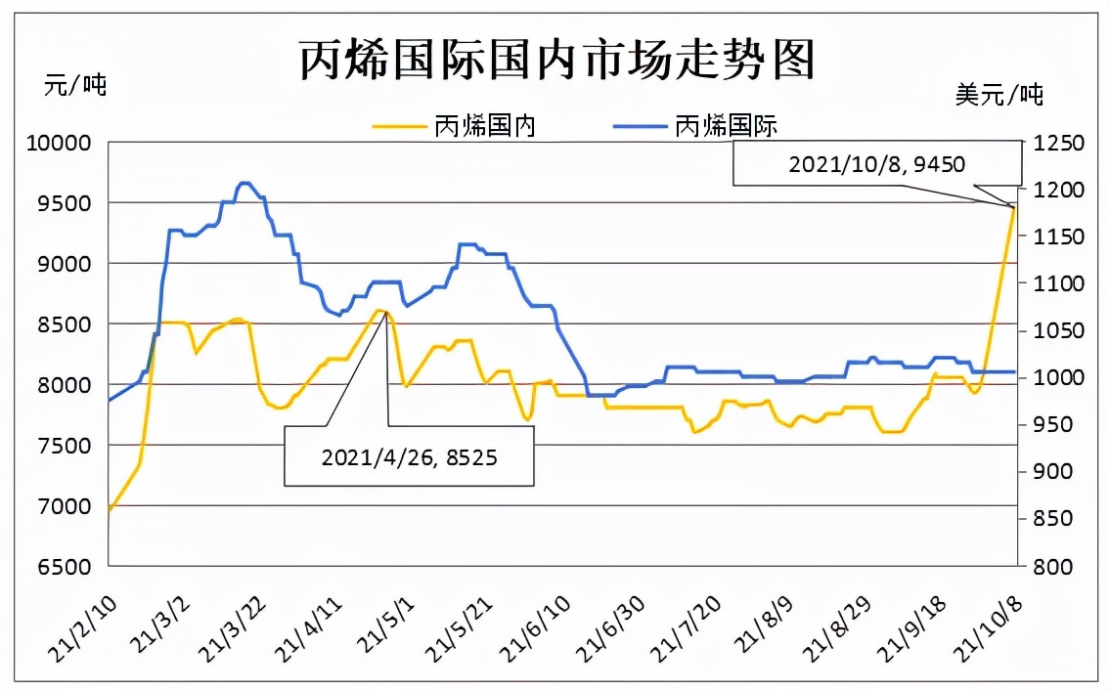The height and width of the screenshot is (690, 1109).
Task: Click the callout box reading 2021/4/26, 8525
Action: coord(409,455)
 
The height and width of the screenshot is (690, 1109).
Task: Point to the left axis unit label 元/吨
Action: coord(75,85)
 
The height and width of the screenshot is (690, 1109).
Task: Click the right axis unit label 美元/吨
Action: coord(998,95)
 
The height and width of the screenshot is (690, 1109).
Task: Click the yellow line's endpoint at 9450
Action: coord(1014,206)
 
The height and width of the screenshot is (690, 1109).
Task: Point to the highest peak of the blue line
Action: coord(244,183)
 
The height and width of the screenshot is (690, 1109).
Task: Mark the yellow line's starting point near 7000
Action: coord(109,510)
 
